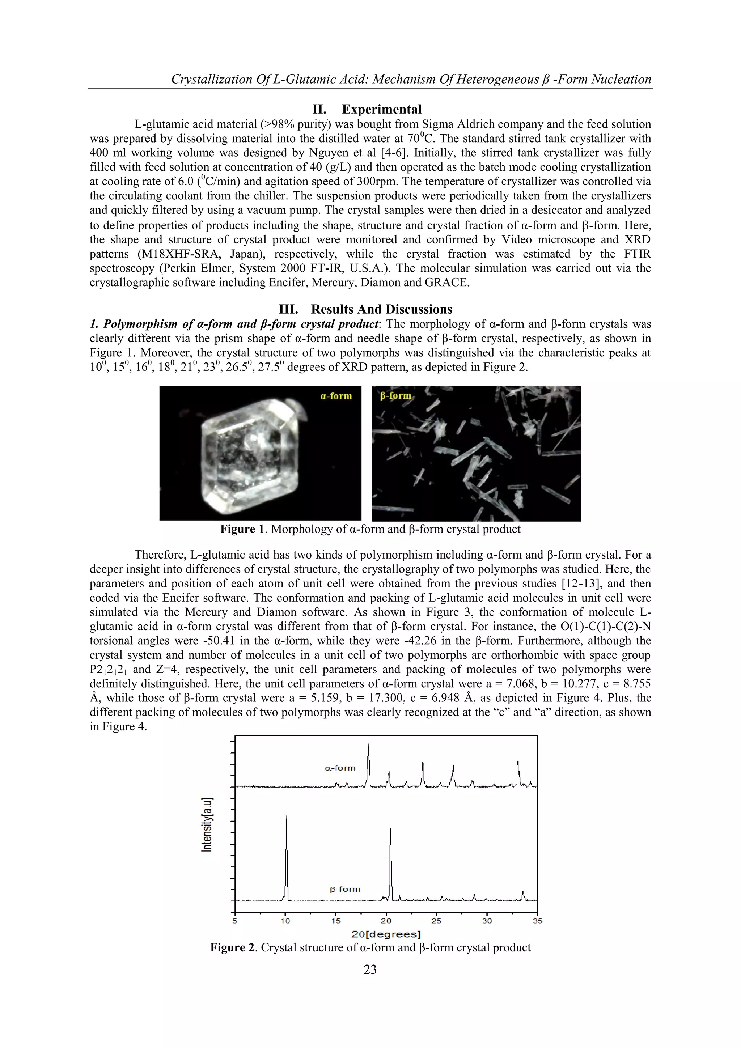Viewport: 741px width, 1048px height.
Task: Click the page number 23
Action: (370, 969)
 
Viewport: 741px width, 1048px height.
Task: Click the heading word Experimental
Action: (382, 110)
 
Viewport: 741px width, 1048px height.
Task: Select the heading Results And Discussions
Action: (381, 309)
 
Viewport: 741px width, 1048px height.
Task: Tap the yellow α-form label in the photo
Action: (336, 396)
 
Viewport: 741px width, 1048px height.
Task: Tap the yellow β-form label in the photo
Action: (395, 395)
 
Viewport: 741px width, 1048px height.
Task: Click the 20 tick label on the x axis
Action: (386, 921)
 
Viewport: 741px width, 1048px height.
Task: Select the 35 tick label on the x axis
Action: (537, 921)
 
